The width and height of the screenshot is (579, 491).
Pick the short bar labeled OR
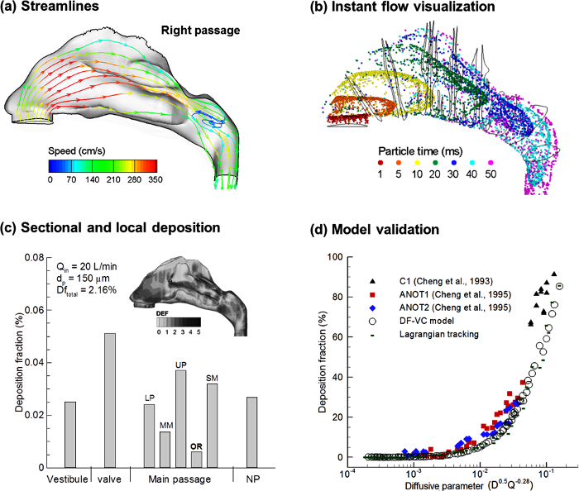click(x=195, y=459)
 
